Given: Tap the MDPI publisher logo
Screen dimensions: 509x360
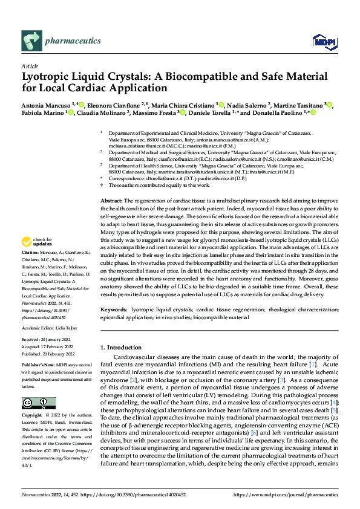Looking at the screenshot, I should coord(321,41).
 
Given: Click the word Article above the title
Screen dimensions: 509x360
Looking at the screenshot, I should coord(30,66).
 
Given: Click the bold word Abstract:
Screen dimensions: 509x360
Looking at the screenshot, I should coord(111,200).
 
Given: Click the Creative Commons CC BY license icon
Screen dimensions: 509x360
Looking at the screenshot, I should coord(35,403).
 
